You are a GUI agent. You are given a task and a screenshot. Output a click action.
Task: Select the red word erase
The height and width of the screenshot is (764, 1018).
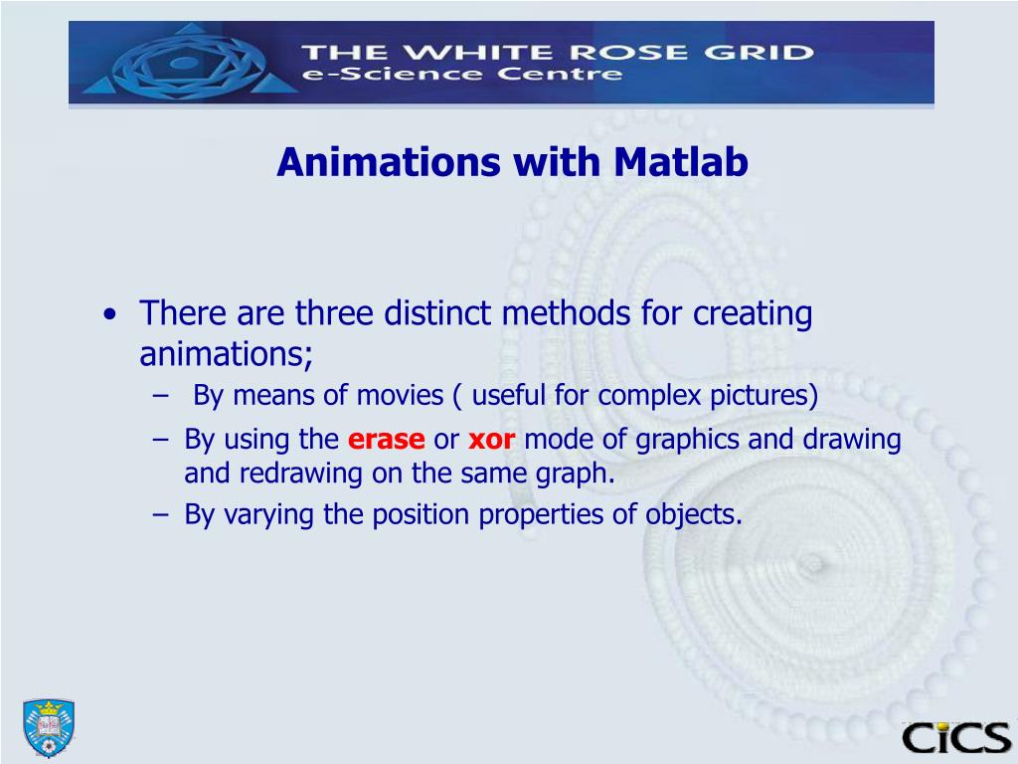387,440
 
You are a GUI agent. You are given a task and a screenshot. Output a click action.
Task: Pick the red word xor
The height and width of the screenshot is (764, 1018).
491,440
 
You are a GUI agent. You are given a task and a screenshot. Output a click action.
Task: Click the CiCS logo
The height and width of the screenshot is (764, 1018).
955,737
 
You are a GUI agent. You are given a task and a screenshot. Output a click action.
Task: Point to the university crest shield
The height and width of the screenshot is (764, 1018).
49,727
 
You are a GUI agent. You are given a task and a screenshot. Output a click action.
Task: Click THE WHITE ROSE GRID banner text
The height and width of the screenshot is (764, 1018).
557,51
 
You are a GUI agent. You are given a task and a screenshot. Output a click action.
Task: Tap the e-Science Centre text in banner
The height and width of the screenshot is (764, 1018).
463,75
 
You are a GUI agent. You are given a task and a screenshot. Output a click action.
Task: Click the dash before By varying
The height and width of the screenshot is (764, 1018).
161,515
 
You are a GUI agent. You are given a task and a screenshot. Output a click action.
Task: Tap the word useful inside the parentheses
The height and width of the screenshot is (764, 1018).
510,396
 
